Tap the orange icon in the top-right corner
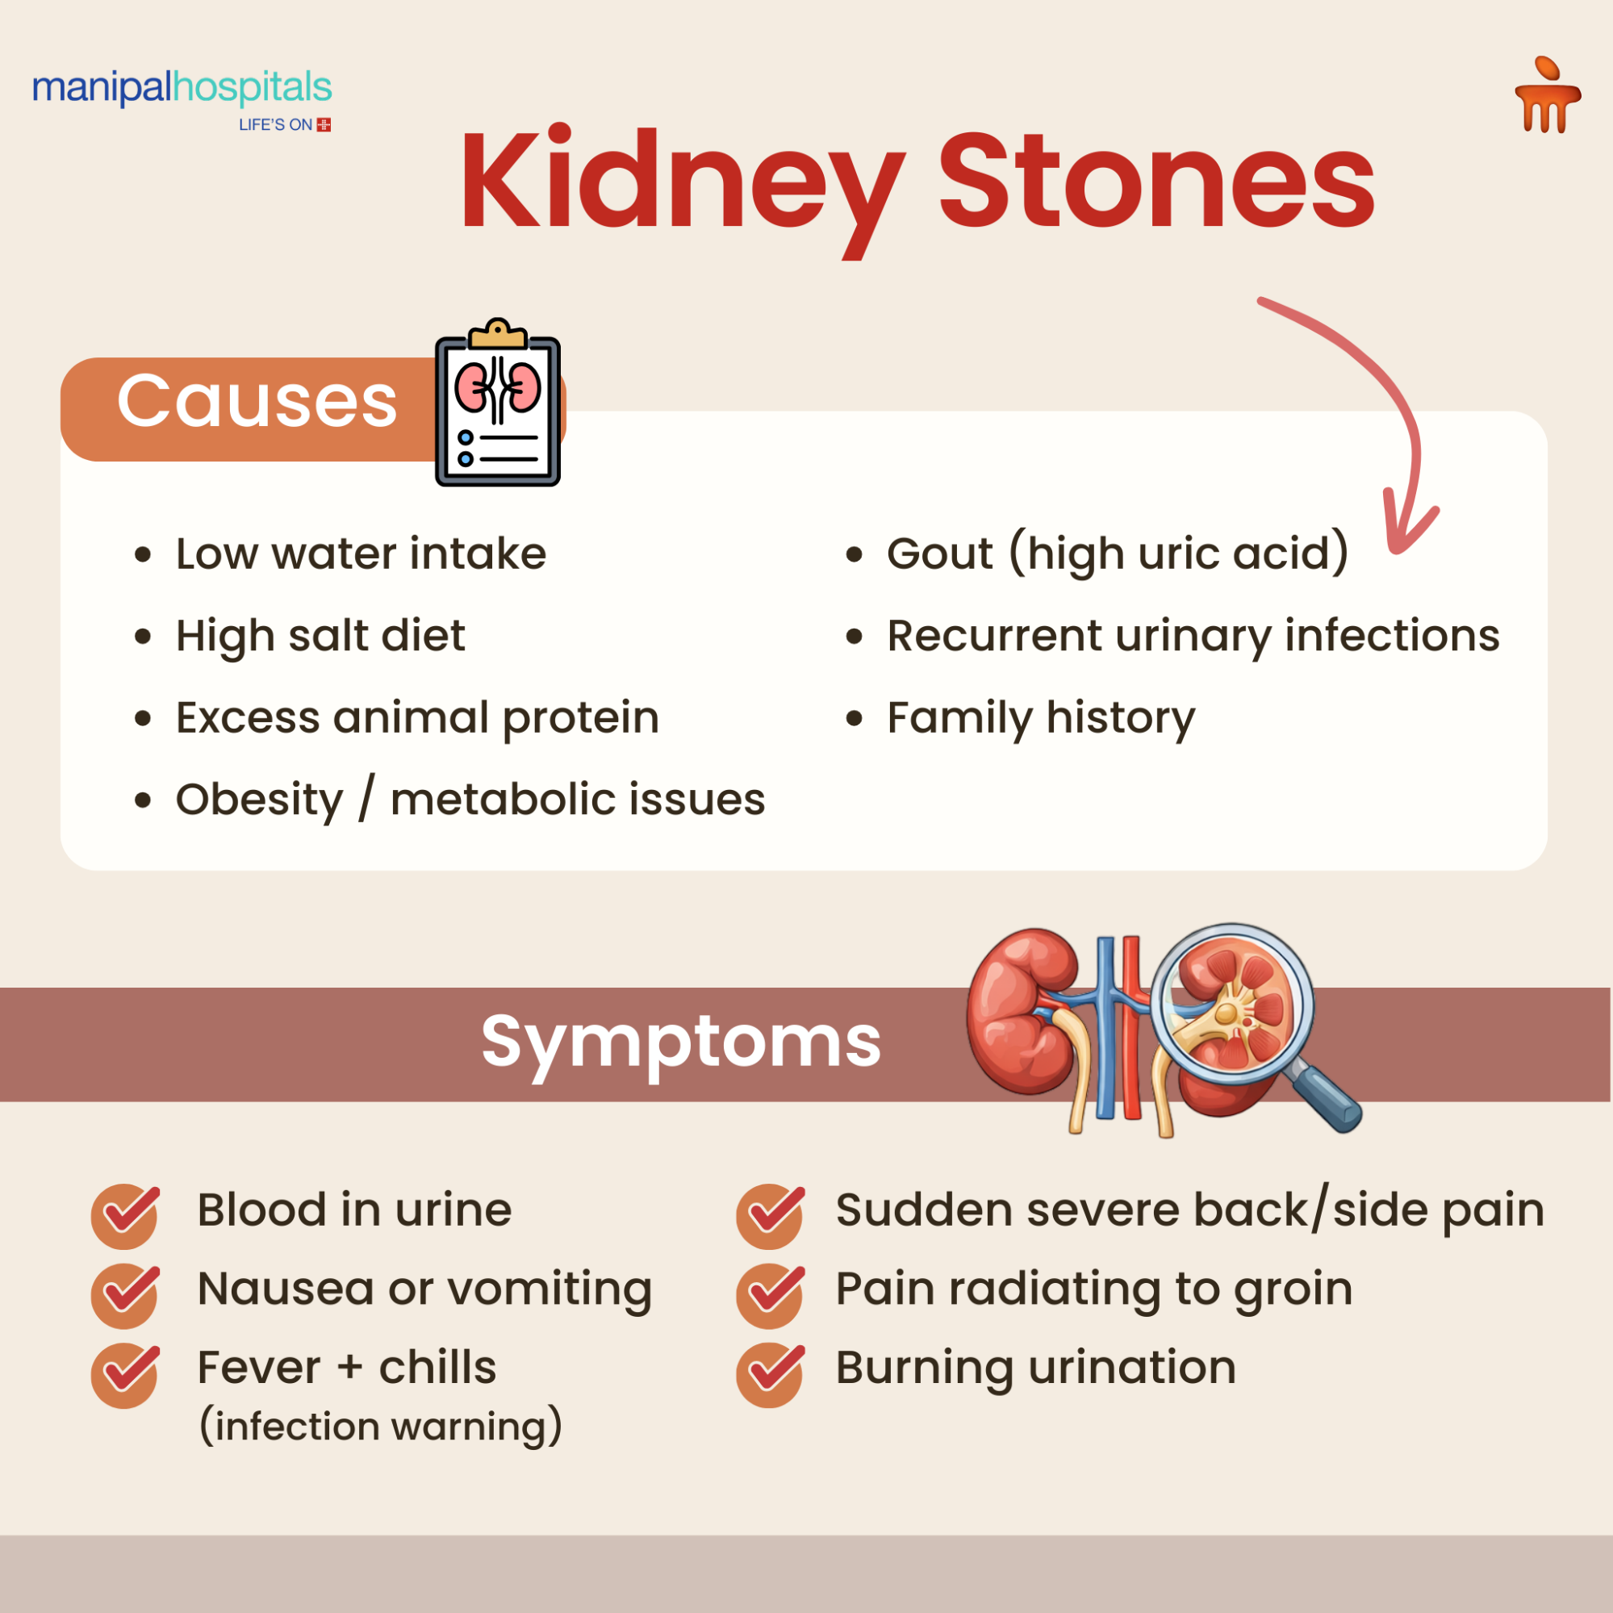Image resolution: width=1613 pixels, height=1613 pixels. point(1547,97)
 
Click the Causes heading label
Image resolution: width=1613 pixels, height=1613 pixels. point(257,402)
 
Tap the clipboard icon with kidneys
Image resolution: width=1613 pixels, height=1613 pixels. point(499,404)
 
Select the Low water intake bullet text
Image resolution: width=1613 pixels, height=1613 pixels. point(361,554)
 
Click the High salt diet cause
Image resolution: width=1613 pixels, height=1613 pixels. point(320,635)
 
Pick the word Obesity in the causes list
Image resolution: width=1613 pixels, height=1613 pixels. point(260,800)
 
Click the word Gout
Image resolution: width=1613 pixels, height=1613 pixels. point(939,554)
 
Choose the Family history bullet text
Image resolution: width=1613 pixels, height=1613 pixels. point(1040,717)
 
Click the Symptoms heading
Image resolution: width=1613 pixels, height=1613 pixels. point(680,1042)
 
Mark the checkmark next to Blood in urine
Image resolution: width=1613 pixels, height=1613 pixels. point(125,1214)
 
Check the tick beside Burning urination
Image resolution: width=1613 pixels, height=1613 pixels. point(771,1373)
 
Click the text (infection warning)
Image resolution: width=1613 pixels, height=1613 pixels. point(381,1426)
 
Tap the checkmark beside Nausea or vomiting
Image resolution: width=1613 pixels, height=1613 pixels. point(125,1294)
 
